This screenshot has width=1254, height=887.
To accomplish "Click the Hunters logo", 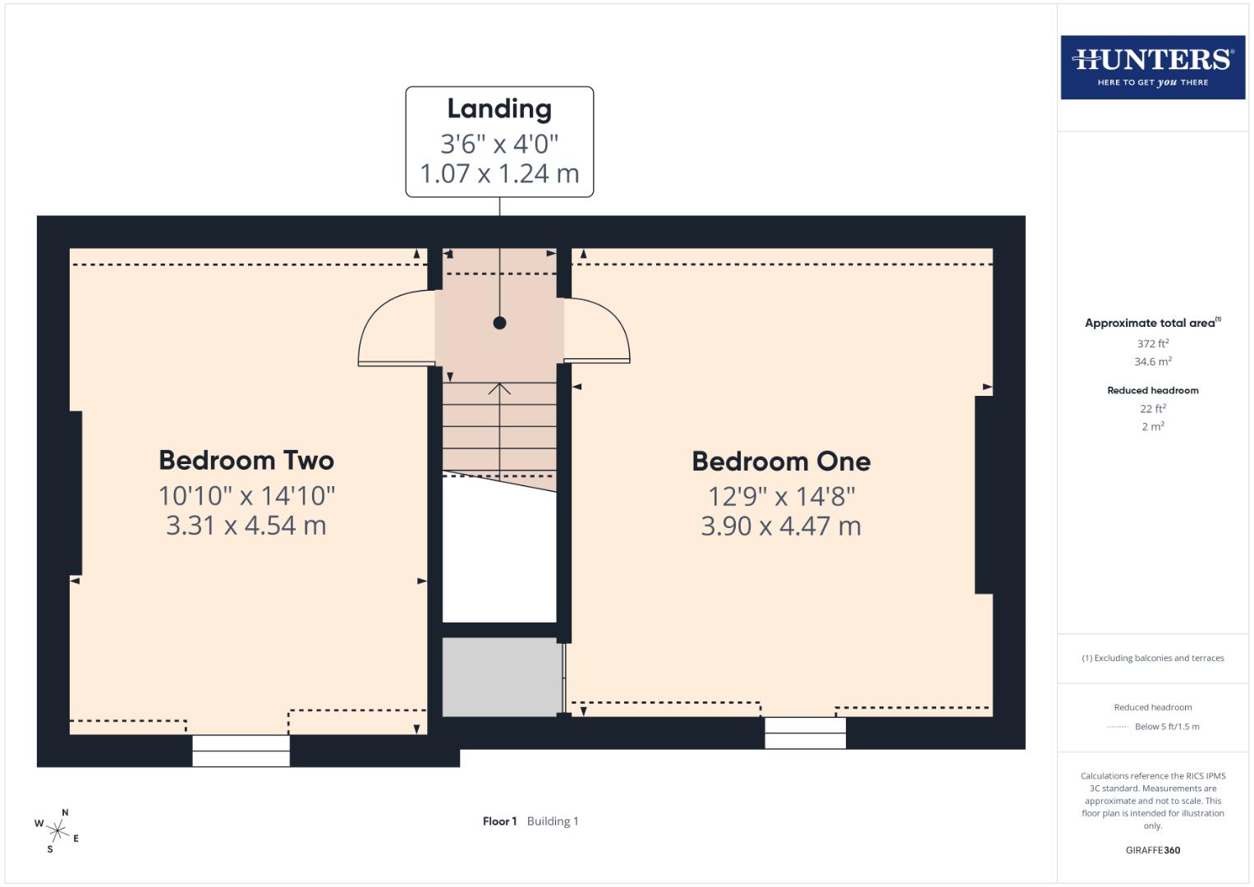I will click(x=1152, y=67).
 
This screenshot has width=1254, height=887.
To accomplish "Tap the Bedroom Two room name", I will click(x=246, y=460).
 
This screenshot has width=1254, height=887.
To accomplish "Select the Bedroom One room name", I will click(x=781, y=462).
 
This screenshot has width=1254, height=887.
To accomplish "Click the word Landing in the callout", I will click(x=499, y=108).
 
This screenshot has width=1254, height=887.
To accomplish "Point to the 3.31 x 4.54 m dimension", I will click(x=246, y=526).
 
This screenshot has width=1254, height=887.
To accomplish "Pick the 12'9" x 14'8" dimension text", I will click(x=781, y=496).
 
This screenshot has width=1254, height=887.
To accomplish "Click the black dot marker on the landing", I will click(x=499, y=323).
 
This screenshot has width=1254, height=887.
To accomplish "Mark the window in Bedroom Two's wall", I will click(x=241, y=751).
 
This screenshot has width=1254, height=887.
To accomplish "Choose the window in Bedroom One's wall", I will click(x=805, y=733).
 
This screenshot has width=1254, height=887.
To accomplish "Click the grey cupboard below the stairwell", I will click(x=500, y=677).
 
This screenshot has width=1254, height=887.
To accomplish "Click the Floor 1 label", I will click(x=499, y=821).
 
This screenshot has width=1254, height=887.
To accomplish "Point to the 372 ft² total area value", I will click(x=1152, y=344).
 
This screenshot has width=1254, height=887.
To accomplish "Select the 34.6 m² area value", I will click(x=1152, y=361).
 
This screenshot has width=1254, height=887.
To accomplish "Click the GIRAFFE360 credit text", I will click(x=1152, y=850).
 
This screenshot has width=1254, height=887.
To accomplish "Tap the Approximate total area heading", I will click(x=1150, y=324).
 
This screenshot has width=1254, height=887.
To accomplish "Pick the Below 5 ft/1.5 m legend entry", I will click(x=1166, y=727).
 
